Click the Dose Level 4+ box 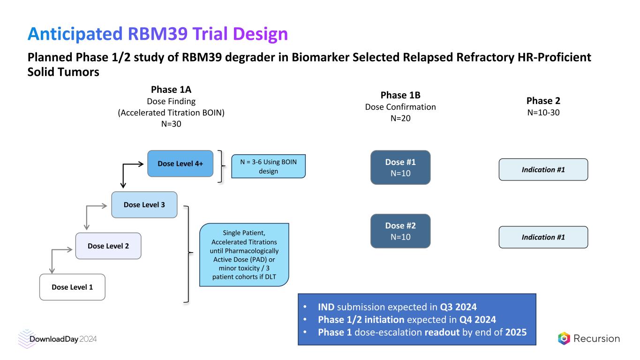(x=180, y=164)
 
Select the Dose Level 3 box (x=144, y=205)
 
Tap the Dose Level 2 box (x=108, y=246)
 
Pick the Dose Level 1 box (x=72, y=287)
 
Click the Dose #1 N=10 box (x=400, y=167)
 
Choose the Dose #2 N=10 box (x=400, y=231)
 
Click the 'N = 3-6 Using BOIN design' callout (x=268, y=166)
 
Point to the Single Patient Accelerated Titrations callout (x=244, y=254)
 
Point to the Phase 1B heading (x=400, y=95)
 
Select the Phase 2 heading (x=543, y=101)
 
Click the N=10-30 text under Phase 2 (x=543, y=112)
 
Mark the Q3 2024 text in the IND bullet (x=458, y=307)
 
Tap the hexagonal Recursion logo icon (x=564, y=338)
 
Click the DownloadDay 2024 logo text (x=63, y=339)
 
